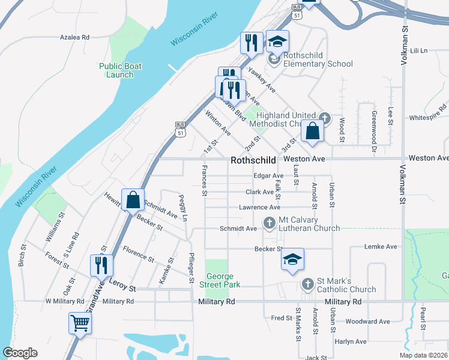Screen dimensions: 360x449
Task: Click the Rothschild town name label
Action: (253, 161)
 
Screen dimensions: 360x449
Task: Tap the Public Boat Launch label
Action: (116, 70)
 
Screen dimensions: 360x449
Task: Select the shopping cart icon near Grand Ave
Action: (80, 323)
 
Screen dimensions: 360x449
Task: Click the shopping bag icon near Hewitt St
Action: (133, 200)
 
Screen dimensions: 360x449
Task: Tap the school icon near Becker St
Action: (292, 259)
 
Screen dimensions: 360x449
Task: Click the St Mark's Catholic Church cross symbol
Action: (307, 283)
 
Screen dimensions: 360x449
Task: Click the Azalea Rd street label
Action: (74, 37)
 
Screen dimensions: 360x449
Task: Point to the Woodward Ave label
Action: (367, 322)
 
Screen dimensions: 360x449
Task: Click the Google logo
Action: (20, 353)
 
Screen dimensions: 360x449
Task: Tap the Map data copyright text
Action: (423, 355)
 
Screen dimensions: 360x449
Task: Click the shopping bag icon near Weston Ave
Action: (313, 131)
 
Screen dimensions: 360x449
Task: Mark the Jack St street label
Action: (316, 357)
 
